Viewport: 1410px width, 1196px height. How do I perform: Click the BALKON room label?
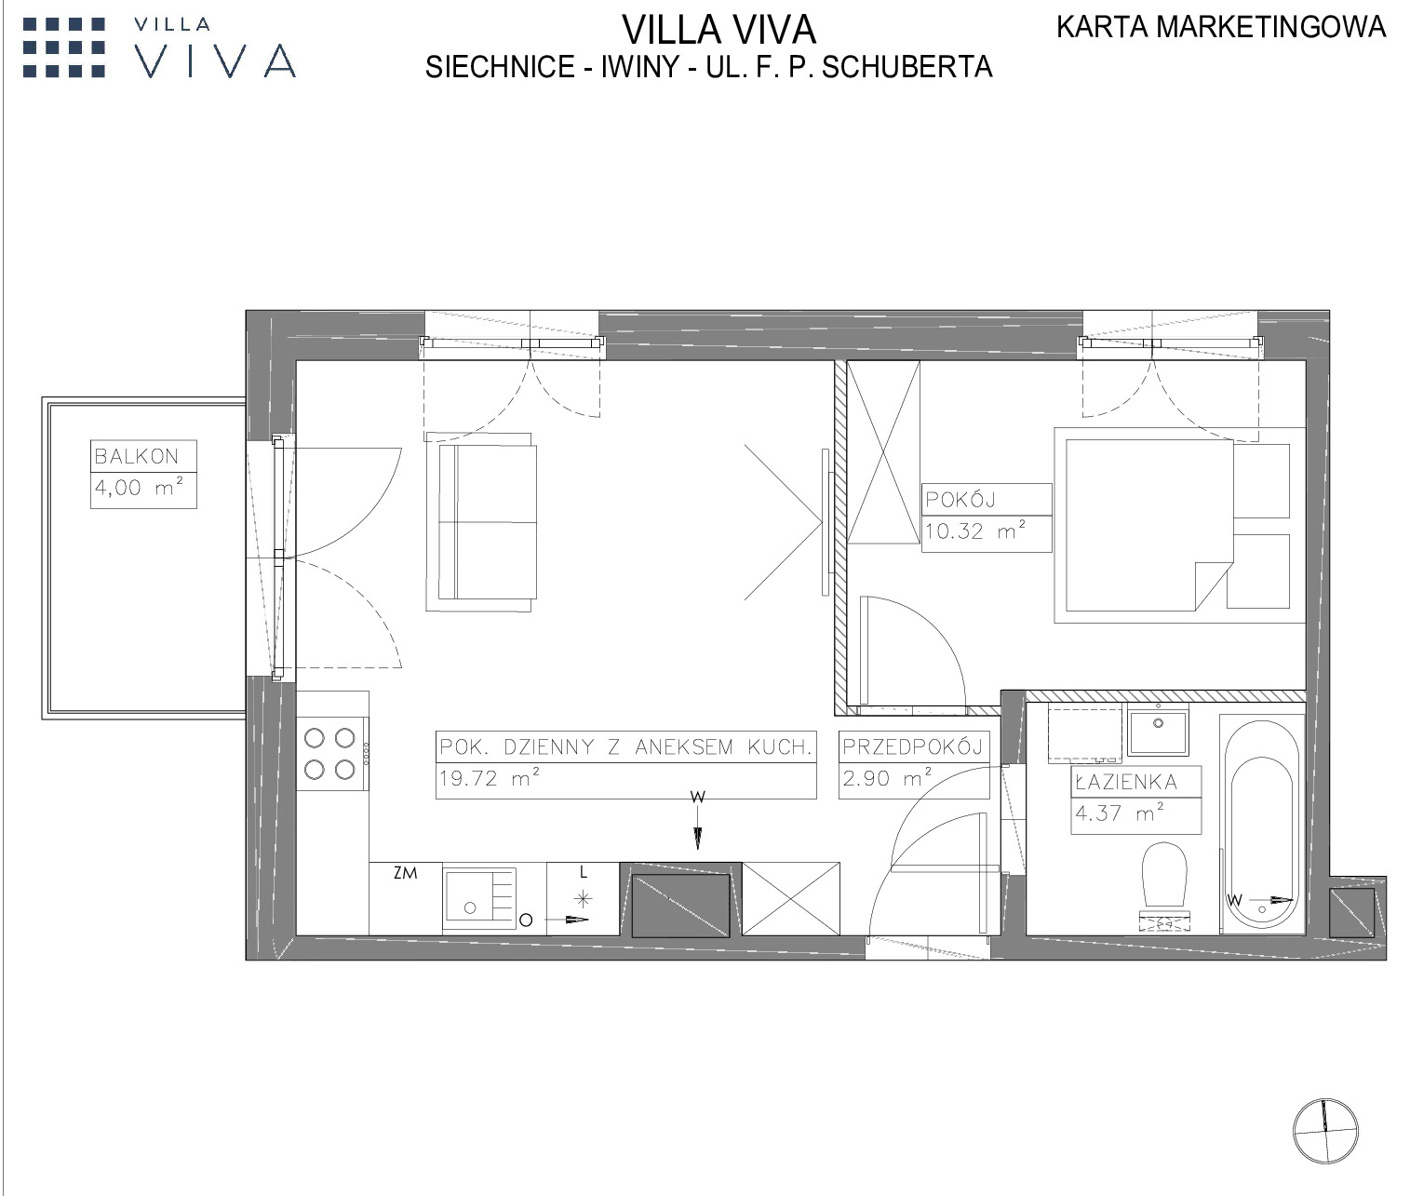click(x=137, y=456)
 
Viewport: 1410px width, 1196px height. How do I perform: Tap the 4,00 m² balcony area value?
click(x=140, y=487)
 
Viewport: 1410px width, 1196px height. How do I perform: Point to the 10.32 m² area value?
click(x=975, y=531)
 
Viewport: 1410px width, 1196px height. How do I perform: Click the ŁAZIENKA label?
click(x=1126, y=781)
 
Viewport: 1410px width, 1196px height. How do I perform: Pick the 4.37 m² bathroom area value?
click(x=1120, y=813)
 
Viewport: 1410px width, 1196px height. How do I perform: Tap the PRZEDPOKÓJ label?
click(x=913, y=747)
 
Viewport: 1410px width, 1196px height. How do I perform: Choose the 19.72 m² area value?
click(x=490, y=778)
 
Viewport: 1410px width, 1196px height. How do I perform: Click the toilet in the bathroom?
click(x=1164, y=886)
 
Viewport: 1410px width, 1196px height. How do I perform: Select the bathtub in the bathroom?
click(x=1261, y=824)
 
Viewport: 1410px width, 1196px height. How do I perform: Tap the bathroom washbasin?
click(x=1158, y=731)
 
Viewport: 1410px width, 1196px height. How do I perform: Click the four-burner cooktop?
click(x=330, y=754)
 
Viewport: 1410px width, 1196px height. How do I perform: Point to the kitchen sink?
click(x=479, y=898)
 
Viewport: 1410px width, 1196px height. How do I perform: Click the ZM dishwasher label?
click(x=405, y=873)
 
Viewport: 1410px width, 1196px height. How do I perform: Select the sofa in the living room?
click(x=481, y=522)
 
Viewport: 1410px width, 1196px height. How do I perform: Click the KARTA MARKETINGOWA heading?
click(x=1221, y=27)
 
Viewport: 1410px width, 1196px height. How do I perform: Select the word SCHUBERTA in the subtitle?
click(x=907, y=67)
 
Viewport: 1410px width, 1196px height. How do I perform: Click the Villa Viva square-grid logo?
click(x=64, y=47)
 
